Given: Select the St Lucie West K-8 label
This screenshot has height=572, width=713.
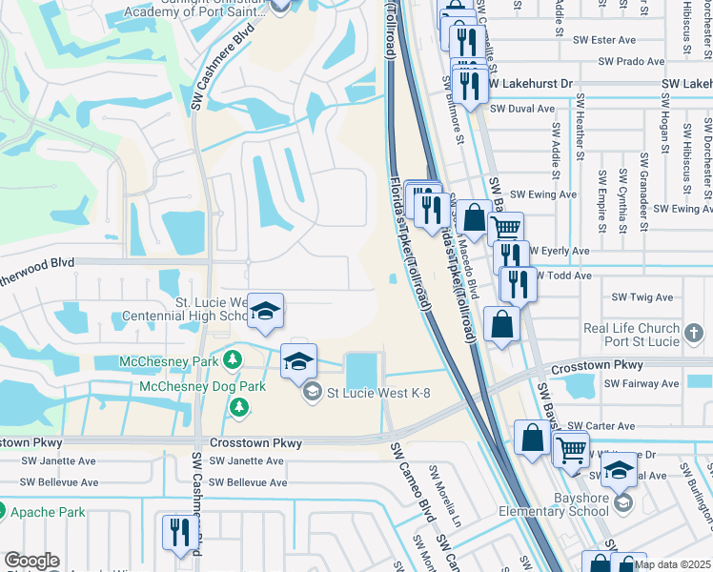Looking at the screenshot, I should [x=375, y=391].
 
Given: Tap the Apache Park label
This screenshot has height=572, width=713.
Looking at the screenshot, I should [x=48, y=512].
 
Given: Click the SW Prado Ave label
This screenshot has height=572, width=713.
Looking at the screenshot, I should [x=631, y=61].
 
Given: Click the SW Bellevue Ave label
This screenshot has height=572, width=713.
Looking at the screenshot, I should [x=248, y=482].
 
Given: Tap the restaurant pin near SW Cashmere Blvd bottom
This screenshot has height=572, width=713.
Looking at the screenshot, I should [x=177, y=531].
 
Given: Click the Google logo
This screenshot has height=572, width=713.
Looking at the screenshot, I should [x=31, y=561].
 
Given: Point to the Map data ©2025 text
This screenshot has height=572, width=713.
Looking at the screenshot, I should [x=672, y=564].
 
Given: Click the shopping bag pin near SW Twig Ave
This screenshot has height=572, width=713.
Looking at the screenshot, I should [x=502, y=324].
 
